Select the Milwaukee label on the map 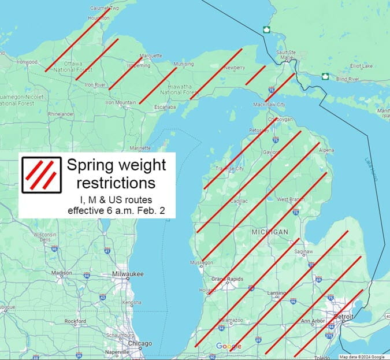(x=128, y=274)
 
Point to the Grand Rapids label (x=224, y=280)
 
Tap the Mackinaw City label (x=269, y=105)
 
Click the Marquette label (x=151, y=55)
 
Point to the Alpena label (x=326, y=150)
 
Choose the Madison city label (x=62, y=273)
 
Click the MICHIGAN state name (x=269, y=232)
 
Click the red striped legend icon (x=42, y=174)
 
